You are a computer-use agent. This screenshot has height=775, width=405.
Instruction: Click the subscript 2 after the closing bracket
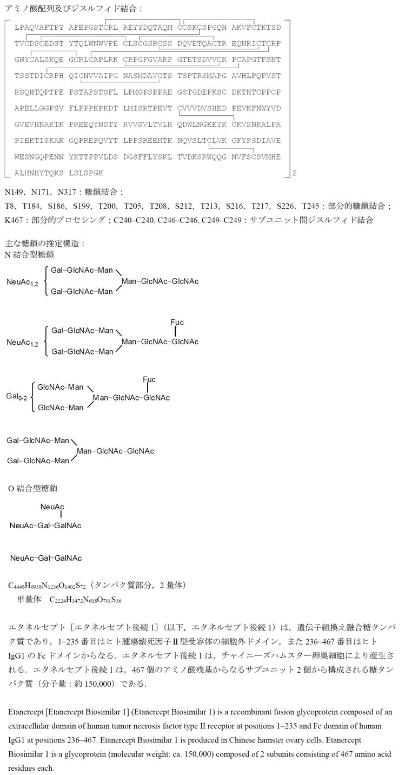pos(294,174)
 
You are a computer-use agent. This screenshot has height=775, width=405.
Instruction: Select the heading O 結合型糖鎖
pos(32,488)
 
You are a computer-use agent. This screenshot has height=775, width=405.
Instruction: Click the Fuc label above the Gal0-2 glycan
pos(149,379)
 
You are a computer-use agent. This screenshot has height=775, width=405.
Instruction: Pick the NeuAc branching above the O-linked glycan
pos(52,507)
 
